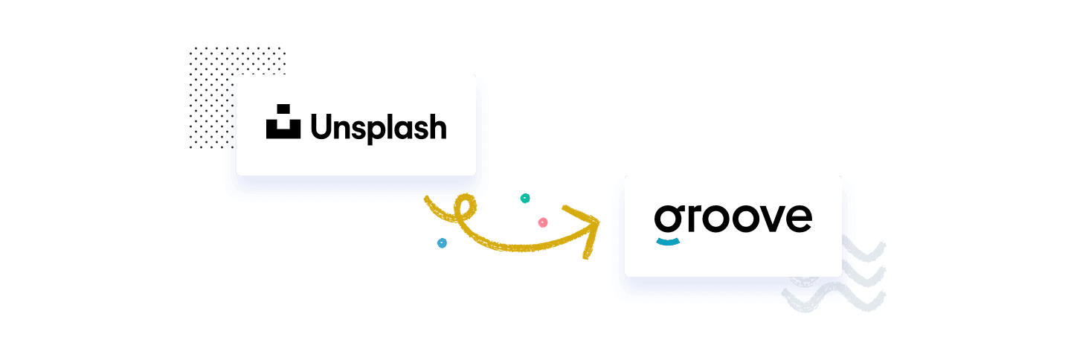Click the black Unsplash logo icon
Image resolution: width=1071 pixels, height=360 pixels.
point(283,124)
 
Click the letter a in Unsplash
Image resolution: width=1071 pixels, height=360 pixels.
point(402,129)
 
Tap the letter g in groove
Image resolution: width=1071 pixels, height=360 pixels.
point(667,218)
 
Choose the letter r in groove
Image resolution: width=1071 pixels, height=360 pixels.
point(692,218)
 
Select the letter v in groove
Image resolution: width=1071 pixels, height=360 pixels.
point(770,218)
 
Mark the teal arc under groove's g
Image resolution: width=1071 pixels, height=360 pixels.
point(667,241)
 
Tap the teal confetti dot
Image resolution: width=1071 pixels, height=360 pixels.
point(525,199)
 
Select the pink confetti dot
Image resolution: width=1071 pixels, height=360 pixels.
point(543,222)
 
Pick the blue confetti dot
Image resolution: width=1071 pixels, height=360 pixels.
point(442,242)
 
